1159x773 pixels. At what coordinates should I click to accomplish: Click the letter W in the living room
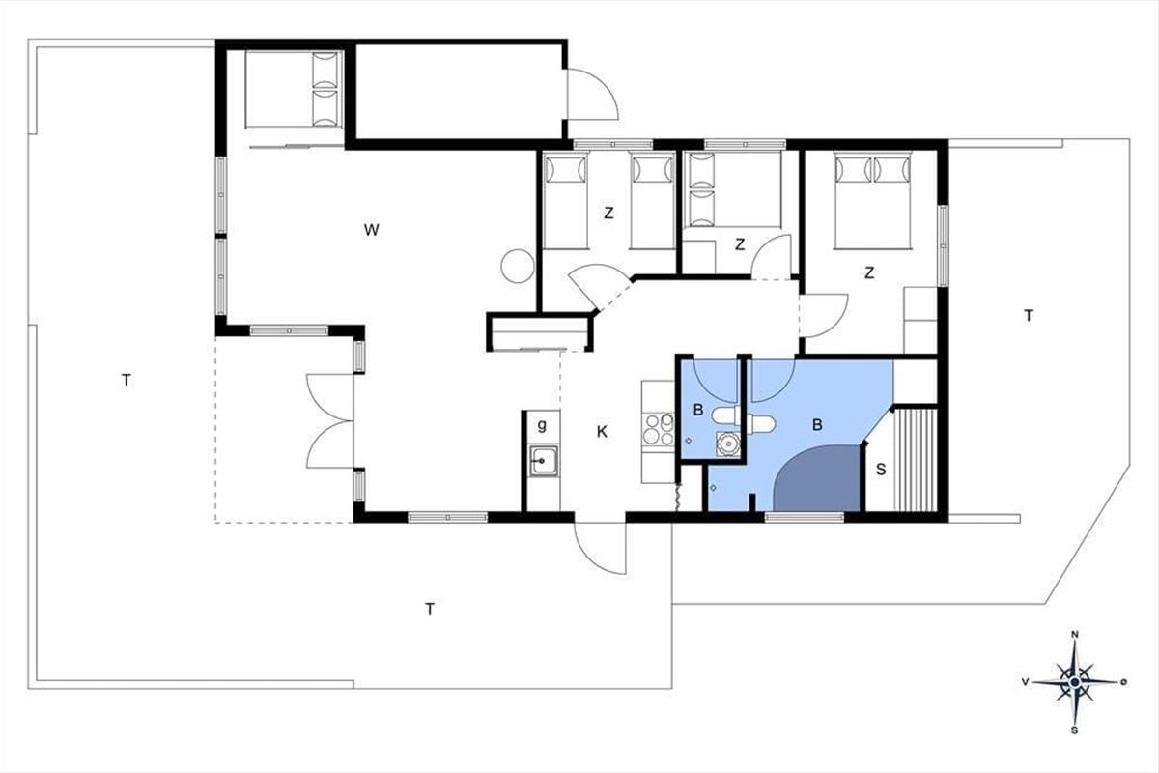tap(372, 229)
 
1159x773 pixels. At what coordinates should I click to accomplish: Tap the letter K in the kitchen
tap(602, 432)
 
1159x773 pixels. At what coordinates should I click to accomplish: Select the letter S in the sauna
tap(881, 470)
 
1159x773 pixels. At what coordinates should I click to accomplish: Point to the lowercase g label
tap(542, 425)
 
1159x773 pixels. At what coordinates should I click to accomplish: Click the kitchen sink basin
tap(543, 460)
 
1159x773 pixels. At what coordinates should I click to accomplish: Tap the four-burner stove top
tap(658, 429)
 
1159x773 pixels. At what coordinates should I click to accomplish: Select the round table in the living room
tap(518, 266)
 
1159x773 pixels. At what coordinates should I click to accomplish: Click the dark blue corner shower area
tap(817, 479)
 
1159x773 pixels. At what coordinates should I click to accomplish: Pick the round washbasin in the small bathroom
tap(728, 444)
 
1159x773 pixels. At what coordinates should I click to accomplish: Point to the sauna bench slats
tap(916, 460)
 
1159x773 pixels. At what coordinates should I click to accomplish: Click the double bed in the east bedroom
tap(872, 200)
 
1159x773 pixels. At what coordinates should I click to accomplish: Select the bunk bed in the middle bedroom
tap(732, 189)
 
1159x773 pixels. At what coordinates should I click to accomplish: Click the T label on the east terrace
tap(1029, 315)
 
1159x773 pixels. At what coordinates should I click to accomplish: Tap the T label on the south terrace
tap(430, 609)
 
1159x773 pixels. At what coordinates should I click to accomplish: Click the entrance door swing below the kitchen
tap(600, 548)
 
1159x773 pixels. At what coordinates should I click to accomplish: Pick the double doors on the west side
tap(330, 421)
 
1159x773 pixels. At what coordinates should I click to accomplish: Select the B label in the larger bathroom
tap(817, 425)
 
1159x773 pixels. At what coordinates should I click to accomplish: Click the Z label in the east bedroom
tap(869, 272)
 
